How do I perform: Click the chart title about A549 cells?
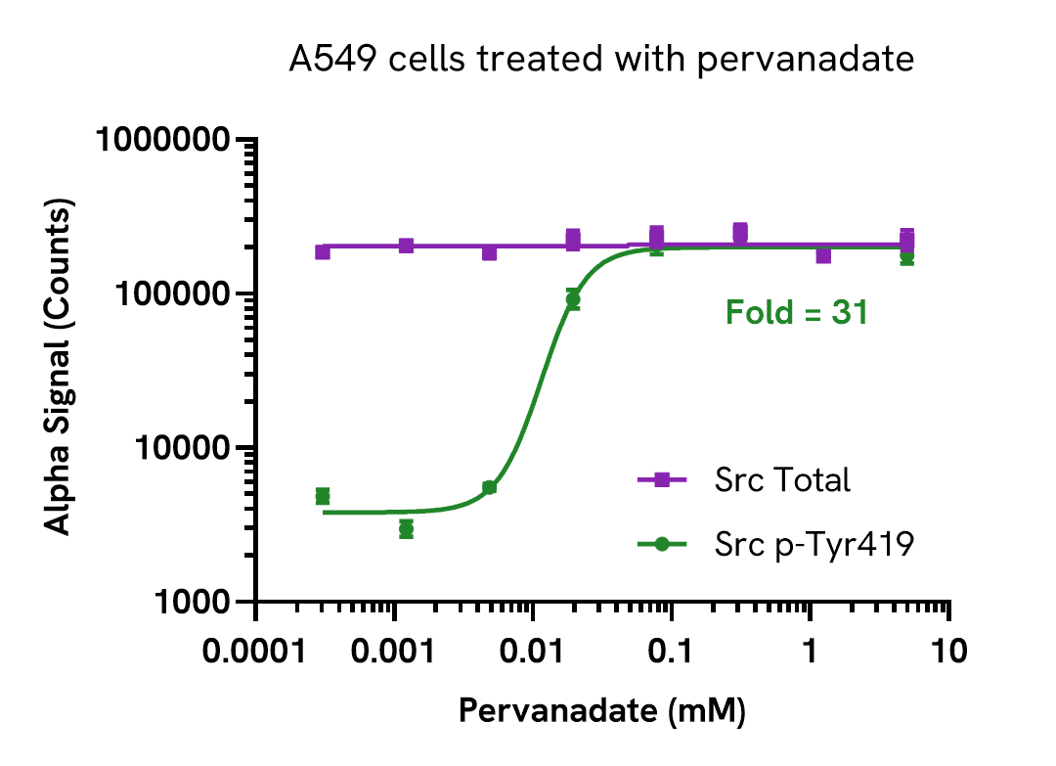[601, 61]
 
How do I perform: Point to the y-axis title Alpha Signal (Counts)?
[60, 370]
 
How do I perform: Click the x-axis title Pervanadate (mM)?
[602, 711]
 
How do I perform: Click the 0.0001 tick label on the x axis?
[256, 651]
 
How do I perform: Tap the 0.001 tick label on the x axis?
[394, 651]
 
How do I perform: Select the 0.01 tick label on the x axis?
[532, 651]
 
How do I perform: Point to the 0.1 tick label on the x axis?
[671, 651]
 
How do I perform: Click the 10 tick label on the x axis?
[947, 651]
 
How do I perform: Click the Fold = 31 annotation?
[796, 313]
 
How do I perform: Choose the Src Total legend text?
[782, 480]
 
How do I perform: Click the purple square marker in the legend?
[662, 479]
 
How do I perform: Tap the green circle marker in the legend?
[662, 545]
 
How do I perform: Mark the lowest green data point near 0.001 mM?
[406, 529]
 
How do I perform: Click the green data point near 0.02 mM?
[573, 299]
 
